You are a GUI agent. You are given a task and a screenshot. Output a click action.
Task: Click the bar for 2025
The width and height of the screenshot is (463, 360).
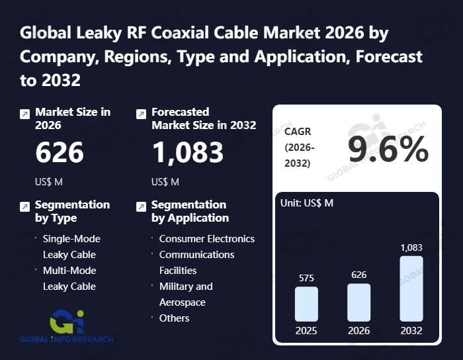[x=306, y=304]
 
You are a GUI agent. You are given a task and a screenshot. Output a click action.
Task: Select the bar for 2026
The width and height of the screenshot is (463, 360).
[x=359, y=302]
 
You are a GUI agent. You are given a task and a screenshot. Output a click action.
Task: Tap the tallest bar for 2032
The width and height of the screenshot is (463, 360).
[x=411, y=289]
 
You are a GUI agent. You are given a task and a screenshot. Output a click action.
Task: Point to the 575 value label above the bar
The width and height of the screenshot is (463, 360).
[x=306, y=279]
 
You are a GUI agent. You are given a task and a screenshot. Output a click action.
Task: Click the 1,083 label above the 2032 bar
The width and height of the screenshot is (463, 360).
[x=411, y=247]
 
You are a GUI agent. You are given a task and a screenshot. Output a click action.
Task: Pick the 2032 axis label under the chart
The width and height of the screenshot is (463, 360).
[x=411, y=330]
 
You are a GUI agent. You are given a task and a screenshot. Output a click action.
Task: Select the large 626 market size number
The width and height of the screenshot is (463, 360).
[x=60, y=152]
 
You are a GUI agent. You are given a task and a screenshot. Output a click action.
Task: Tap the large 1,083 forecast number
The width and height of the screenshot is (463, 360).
[x=188, y=152]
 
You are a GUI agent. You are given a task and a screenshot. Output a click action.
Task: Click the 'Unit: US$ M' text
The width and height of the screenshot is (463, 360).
[x=308, y=202]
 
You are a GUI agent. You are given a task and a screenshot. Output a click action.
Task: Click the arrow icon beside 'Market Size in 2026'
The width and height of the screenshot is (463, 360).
[x=24, y=114]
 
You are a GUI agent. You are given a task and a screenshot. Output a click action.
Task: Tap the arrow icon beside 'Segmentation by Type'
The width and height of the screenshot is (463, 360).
[x=24, y=206]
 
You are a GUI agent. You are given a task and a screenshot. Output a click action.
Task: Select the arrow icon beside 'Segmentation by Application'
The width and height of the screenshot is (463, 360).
[x=141, y=206]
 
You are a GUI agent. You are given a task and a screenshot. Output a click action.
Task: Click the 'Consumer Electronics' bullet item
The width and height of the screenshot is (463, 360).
[x=206, y=239]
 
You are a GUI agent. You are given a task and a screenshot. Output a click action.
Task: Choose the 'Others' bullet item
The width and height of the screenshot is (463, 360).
[x=174, y=318]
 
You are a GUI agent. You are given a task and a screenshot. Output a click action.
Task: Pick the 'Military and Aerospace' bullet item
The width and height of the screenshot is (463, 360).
[x=186, y=294]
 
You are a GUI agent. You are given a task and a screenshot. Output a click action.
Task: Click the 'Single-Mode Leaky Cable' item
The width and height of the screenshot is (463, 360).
[x=71, y=247]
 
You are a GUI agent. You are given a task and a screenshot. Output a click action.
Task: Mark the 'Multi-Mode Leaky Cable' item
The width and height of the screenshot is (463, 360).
[x=69, y=279]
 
